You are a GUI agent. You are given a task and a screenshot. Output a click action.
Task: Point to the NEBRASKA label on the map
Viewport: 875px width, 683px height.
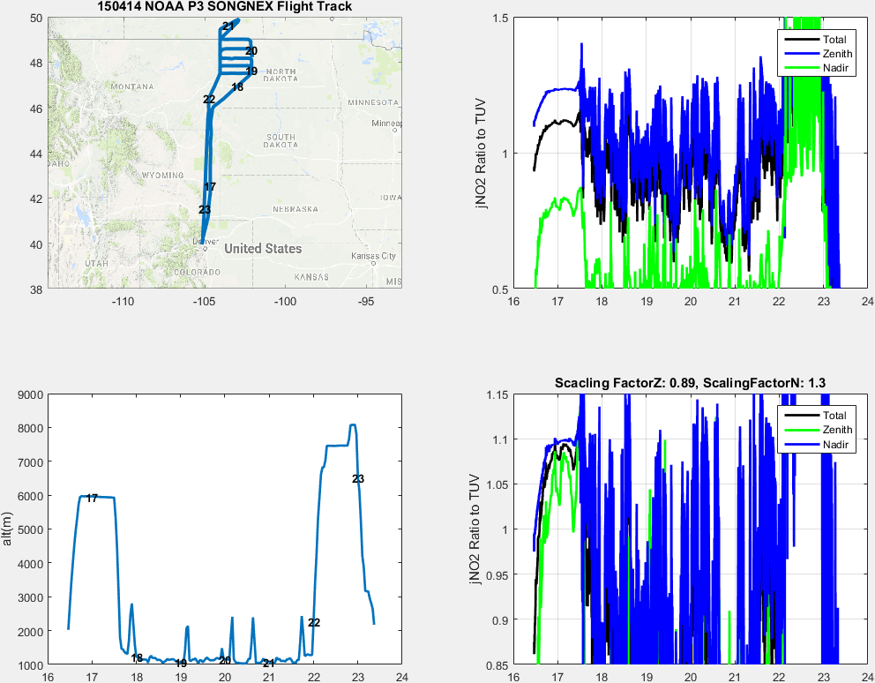(295, 209)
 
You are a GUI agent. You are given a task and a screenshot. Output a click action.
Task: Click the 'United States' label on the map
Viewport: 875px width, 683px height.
(263, 249)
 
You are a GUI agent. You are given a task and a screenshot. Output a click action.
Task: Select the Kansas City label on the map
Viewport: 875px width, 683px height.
(374, 256)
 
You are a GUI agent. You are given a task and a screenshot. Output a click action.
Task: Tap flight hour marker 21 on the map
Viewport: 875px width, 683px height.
(228, 26)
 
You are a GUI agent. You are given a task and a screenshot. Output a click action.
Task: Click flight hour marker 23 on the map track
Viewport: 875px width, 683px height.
(205, 210)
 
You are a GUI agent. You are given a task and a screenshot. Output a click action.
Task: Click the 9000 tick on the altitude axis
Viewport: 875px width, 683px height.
(32, 395)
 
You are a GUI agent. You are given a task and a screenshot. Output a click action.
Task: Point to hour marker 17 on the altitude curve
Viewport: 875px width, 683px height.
(92, 499)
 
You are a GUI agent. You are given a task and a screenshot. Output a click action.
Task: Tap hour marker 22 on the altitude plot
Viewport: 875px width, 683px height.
(313, 623)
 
